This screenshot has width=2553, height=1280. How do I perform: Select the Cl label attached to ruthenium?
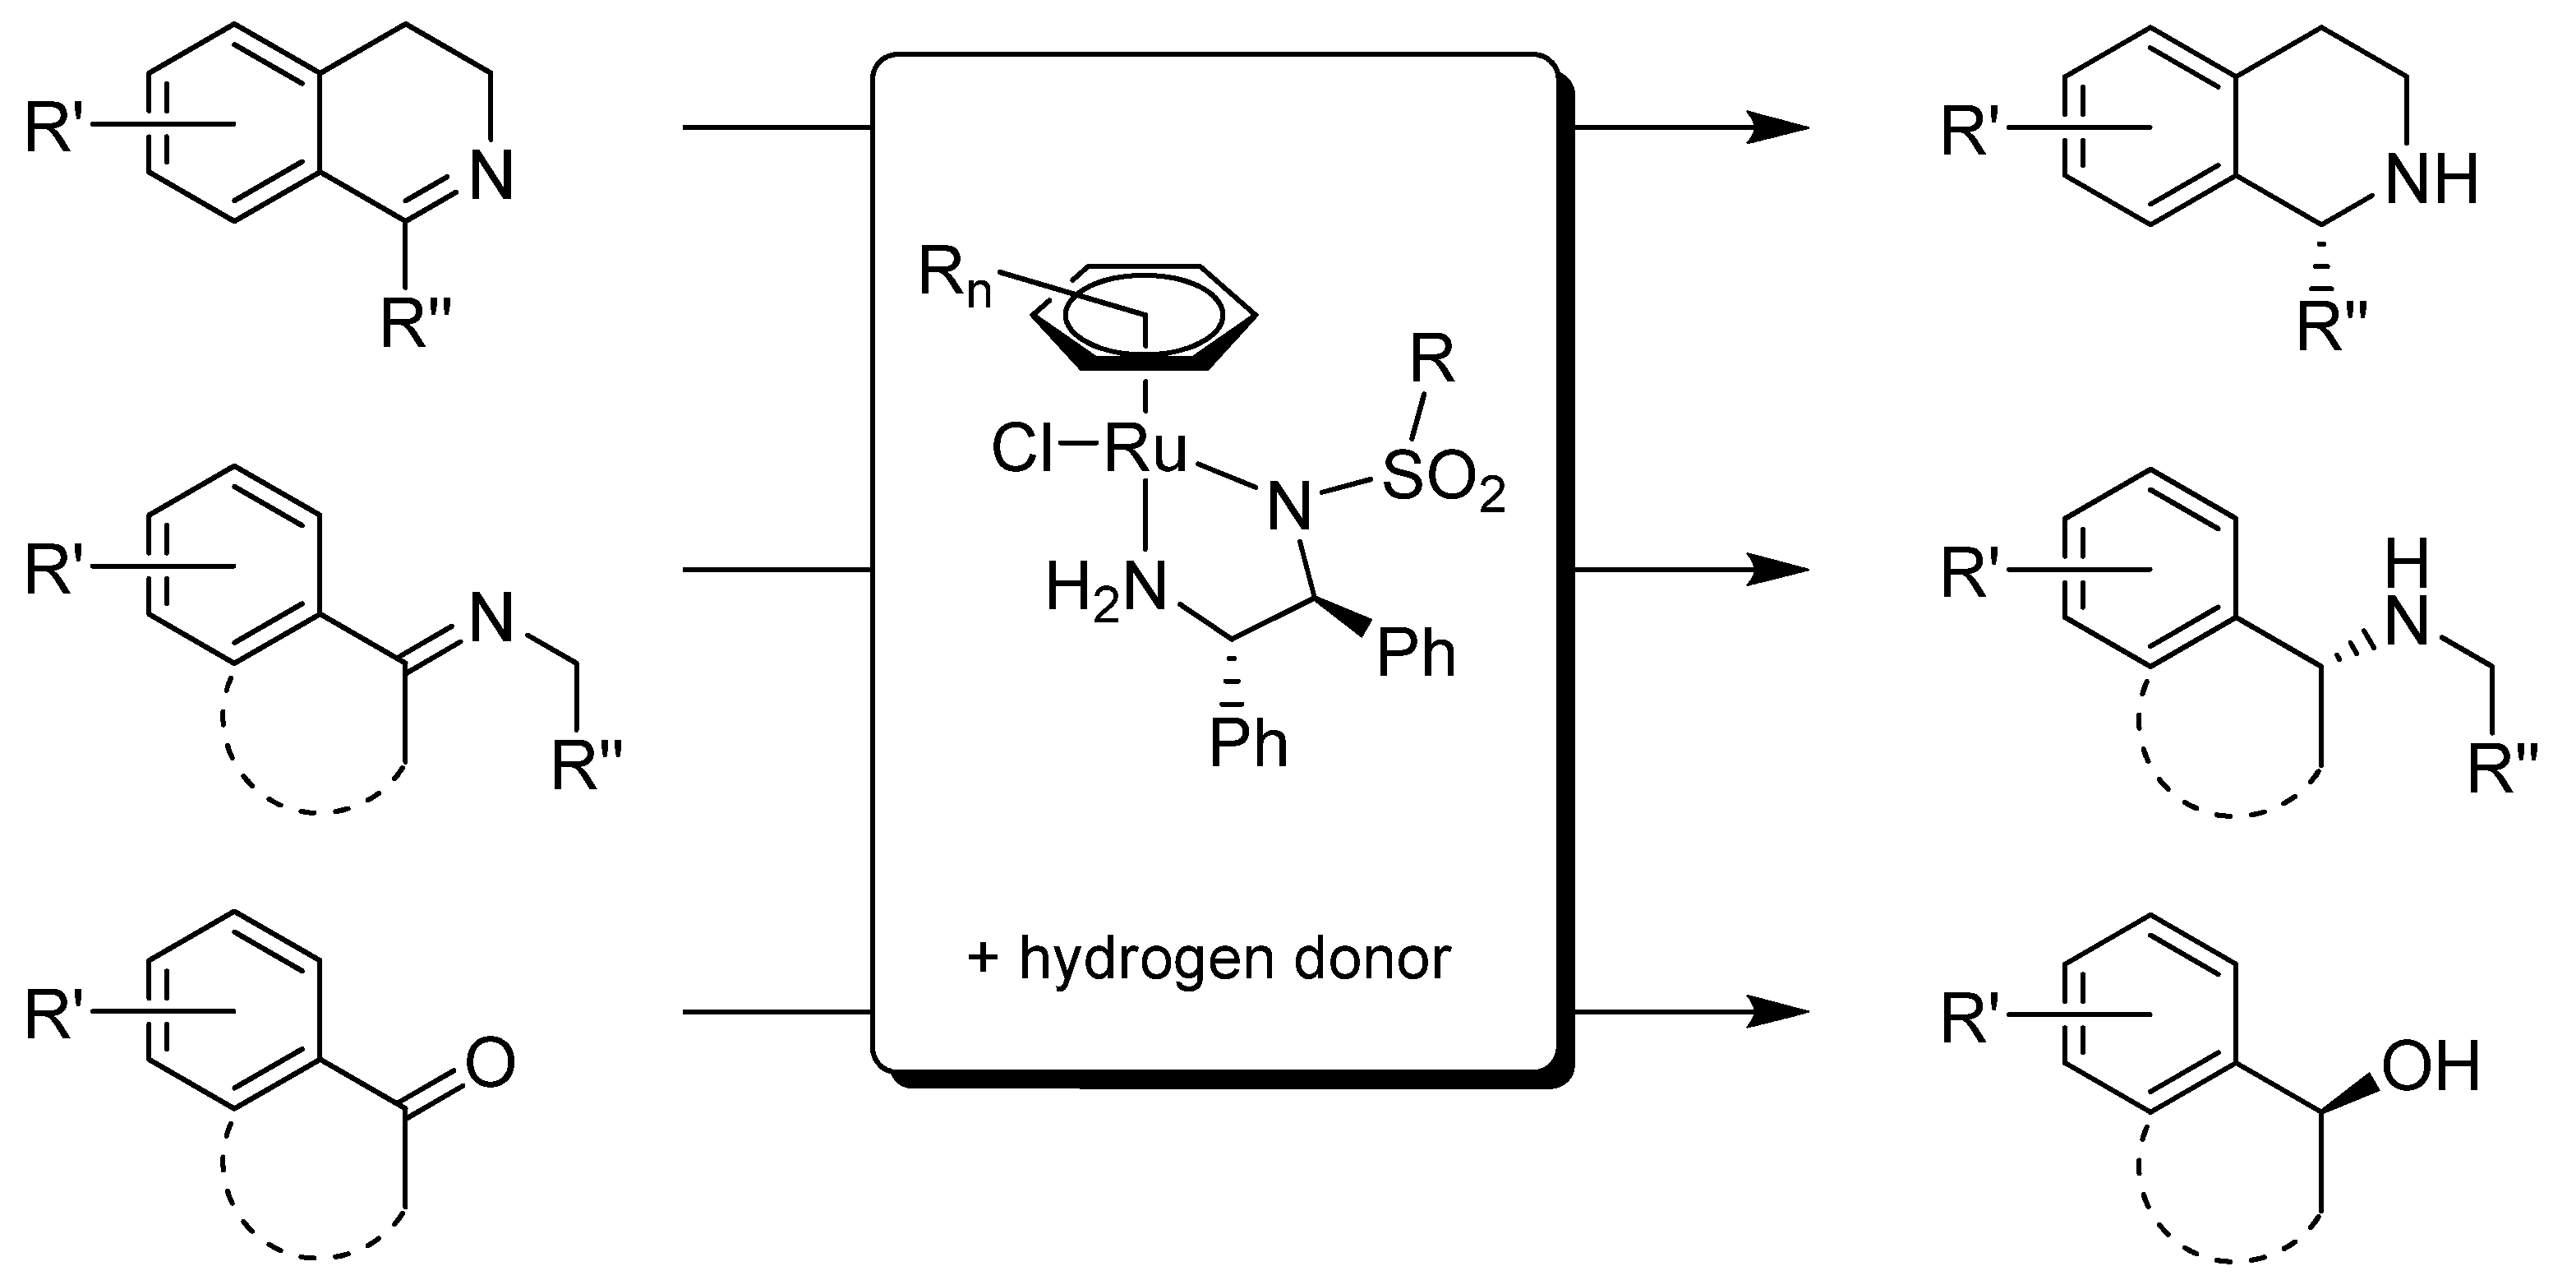[x=1023, y=452]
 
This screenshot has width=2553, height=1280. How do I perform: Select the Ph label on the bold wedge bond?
[x=1417, y=654]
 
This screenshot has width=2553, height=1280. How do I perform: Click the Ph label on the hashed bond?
[x=1248, y=744]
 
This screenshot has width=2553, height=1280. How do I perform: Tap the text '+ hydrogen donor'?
[x=1208, y=959]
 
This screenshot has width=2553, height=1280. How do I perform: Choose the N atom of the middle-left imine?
[x=491, y=620]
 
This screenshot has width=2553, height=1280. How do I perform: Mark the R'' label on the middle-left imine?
[x=587, y=769]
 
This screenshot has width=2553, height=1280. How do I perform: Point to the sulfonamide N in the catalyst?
[x=1288, y=506]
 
